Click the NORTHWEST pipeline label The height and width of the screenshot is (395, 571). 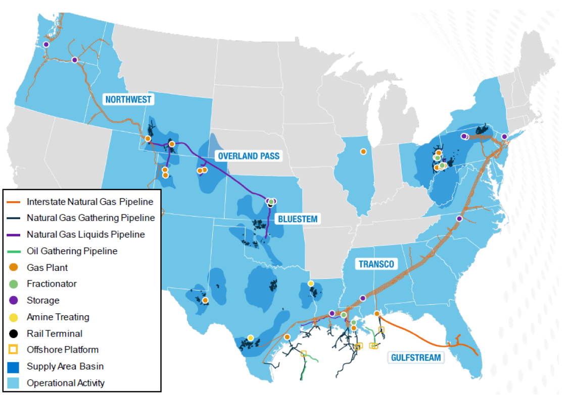128,99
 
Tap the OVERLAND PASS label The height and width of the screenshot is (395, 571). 248,156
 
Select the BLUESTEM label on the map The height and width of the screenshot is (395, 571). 297,219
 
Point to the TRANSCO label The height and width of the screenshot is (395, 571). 376,264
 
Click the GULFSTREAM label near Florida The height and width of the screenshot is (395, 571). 416,358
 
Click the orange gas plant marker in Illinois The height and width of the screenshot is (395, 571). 363,151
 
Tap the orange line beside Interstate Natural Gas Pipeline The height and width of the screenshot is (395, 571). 14,202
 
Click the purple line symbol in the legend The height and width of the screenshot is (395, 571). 14,235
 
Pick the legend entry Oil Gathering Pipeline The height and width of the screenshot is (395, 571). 72,251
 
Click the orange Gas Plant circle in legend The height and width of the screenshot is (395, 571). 14,267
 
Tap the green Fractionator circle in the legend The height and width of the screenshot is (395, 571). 14,284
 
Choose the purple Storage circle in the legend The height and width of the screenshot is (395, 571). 14,301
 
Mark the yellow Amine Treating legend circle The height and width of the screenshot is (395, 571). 14,317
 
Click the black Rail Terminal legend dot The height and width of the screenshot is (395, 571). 14,333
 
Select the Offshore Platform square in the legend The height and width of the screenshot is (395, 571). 14,350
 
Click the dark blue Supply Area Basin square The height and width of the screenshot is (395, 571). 14,366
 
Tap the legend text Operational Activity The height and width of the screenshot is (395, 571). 66,382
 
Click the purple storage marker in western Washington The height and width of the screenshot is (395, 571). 46,44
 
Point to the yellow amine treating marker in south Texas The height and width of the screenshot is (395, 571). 251,337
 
